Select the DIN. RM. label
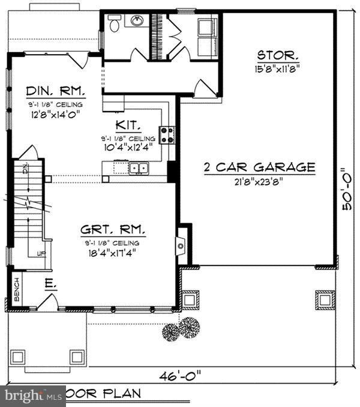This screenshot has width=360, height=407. click(x=55, y=92)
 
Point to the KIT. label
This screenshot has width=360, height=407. click(x=128, y=126)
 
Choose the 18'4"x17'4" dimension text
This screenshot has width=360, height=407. click(x=112, y=252)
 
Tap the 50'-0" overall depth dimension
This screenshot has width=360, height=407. click(x=347, y=188)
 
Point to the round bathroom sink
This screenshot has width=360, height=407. click(x=136, y=22)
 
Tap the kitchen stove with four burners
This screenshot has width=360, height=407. click(x=167, y=134)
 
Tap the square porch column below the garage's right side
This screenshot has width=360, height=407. click(x=325, y=298)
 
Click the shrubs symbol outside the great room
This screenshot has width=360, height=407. click(x=182, y=328)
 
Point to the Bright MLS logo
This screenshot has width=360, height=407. click(x=33, y=396)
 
